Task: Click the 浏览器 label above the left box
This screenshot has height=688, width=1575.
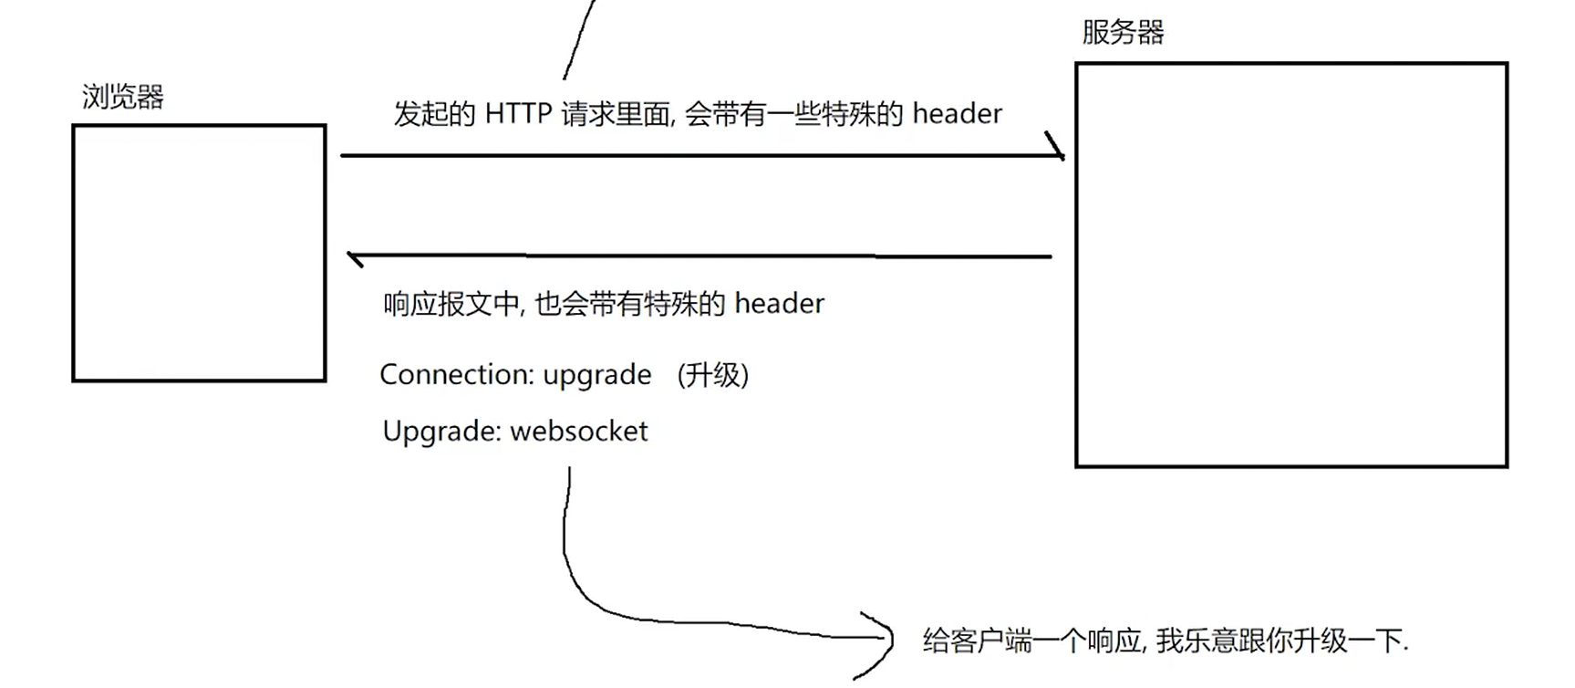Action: click(123, 97)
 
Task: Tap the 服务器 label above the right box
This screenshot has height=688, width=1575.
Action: click(1123, 33)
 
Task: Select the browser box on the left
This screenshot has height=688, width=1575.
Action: click(199, 253)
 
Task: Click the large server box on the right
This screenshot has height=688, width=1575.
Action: click(1290, 265)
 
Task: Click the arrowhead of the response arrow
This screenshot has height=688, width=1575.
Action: click(355, 258)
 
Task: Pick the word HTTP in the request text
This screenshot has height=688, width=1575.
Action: click(518, 114)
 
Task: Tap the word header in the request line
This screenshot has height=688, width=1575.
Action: click(957, 114)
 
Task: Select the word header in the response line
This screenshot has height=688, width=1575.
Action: click(779, 304)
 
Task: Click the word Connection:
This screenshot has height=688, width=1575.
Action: click(456, 375)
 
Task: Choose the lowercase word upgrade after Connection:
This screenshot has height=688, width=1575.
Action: click(596, 375)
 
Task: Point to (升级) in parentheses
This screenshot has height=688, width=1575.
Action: click(712, 375)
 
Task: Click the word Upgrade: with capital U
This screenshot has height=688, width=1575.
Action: click(441, 432)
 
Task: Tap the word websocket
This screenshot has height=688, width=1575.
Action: click(579, 432)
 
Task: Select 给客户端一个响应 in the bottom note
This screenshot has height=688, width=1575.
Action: click(1031, 641)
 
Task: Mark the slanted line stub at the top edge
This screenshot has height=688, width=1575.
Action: click(578, 41)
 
